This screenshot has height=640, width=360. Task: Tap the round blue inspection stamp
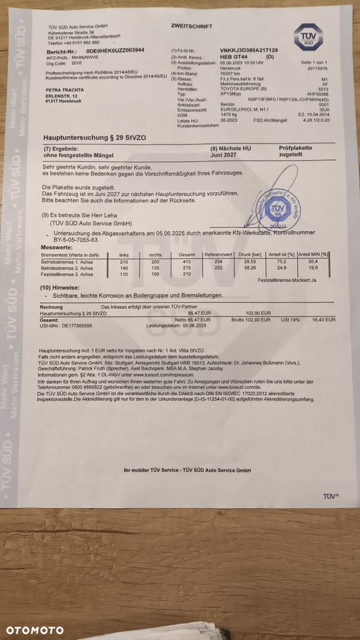pos(277,209)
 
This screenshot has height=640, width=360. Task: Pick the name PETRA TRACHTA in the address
pos(63,90)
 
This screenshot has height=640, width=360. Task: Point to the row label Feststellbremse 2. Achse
pos(66,274)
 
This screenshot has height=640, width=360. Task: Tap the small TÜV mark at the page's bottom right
pos(330,496)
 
